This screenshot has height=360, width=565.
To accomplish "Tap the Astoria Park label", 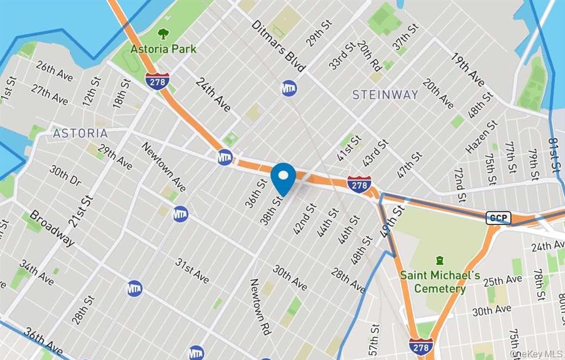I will tap(163, 49).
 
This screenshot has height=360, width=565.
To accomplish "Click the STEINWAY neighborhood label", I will tap(385, 95).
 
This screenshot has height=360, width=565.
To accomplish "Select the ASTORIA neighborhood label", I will tap(80, 133).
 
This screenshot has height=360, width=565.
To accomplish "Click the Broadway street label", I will tap(52, 228).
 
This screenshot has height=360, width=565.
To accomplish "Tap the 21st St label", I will tap(81, 210).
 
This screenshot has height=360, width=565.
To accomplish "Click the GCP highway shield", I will tap(498, 218).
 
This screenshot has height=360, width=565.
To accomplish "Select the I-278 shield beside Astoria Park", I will tap(157, 81).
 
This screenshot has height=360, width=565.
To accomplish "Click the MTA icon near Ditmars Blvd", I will tap(289, 88).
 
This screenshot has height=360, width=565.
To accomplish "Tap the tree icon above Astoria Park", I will tap(163, 34).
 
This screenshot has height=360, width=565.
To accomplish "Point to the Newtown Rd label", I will tap(260, 307).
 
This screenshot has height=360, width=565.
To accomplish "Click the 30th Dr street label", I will tap(66, 176).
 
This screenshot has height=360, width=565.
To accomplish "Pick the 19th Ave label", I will tap(468, 70).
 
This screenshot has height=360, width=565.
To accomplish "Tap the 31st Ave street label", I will tap(192, 270).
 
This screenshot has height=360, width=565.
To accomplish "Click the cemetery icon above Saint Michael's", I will tap(440, 260).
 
